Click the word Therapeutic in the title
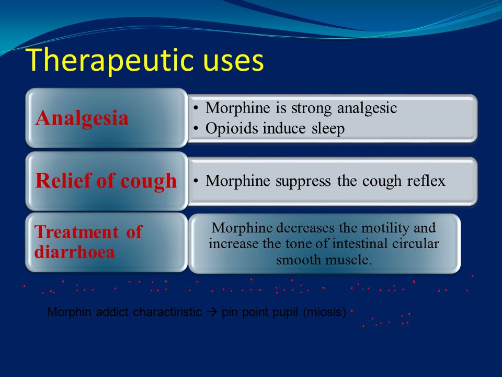click(110, 60)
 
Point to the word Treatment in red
click(76, 232)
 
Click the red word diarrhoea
click(74, 251)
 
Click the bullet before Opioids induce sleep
click(196, 129)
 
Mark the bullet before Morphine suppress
click(196, 181)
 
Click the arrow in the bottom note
click(212, 312)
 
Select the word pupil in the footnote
click(286, 313)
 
